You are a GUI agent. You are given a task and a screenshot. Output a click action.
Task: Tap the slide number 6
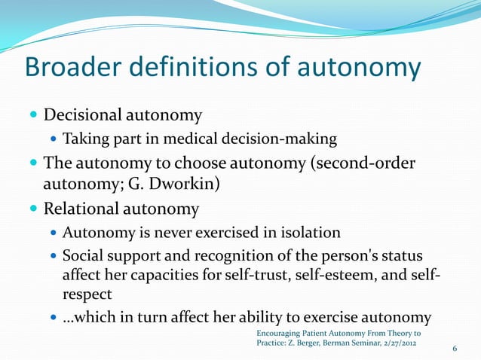pyautogui.click(x=455, y=348)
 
